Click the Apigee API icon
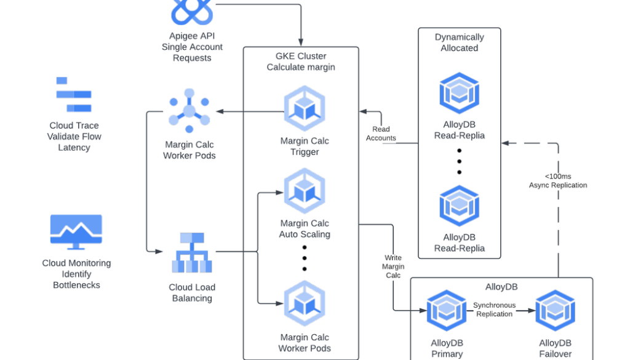[x=192, y=11]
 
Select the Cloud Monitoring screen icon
[x=76, y=232]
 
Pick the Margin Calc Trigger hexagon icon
[x=305, y=109]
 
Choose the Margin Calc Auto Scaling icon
[x=305, y=191]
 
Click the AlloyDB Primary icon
[x=447, y=310]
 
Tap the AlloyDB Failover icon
[x=555, y=310]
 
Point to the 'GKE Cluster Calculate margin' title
[x=301, y=62]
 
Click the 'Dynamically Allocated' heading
[x=460, y=42]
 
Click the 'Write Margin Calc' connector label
[x=393, y=266]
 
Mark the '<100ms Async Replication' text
[x=558, y=180]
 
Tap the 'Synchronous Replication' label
[x=494, y=310]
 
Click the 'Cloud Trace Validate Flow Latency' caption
[x=74, y=137]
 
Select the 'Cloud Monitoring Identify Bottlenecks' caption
[x=76, y=274]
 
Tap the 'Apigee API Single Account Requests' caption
[x=192, y=47]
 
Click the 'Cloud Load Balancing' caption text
[x=192, y=293]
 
